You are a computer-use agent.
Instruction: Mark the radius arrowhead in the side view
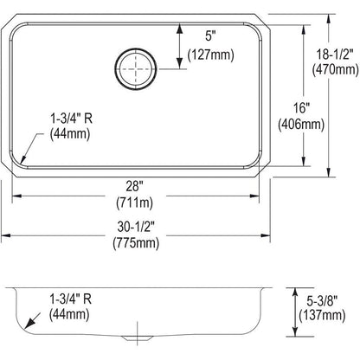(x=31, y=326)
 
